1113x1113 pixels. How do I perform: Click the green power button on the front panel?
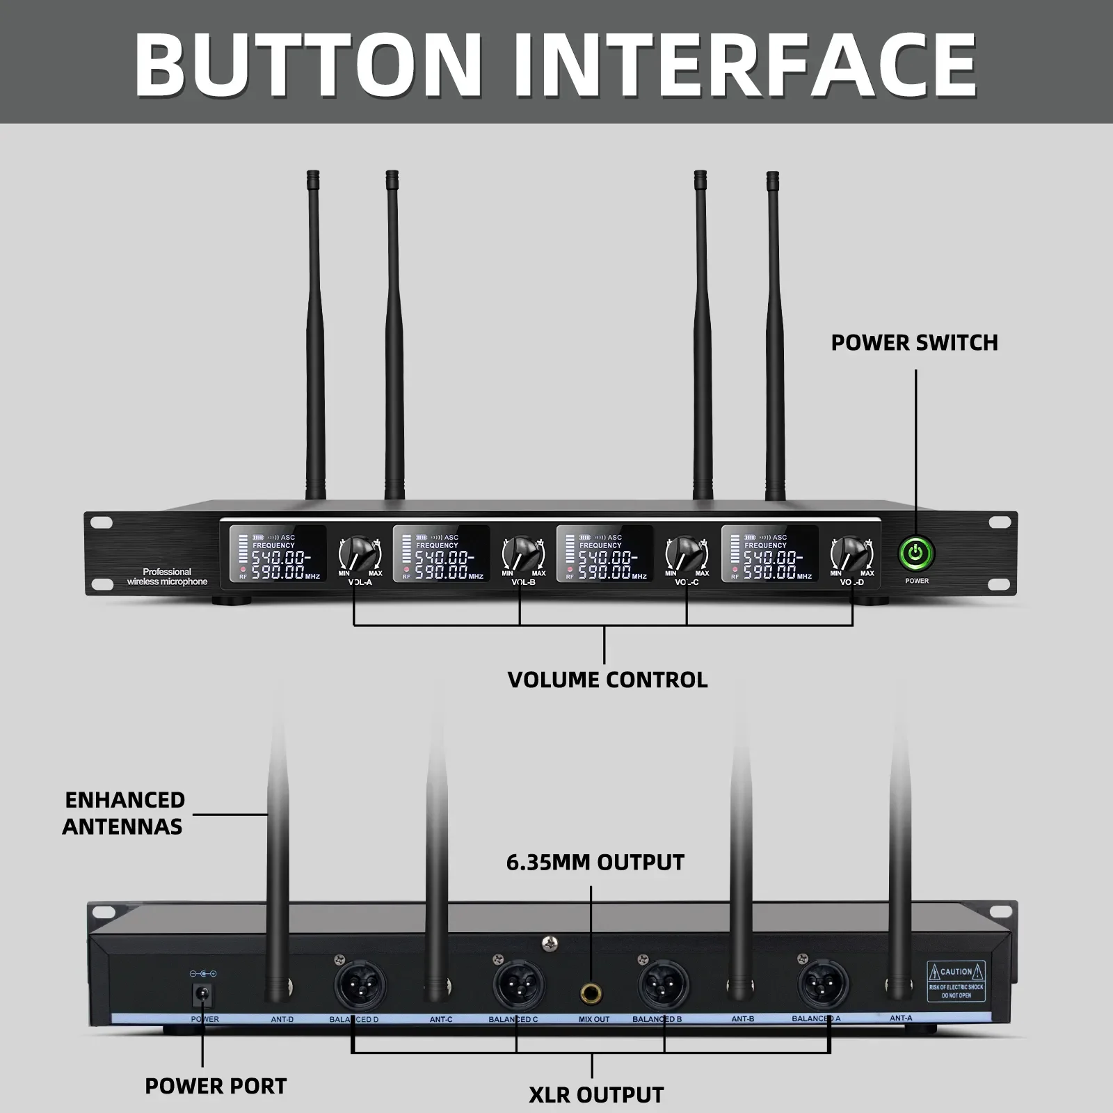pyautogui.click(x=915, y=554)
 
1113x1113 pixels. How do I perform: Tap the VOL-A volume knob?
pyautogui.click(x=360, y=554)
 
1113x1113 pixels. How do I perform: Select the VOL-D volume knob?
pyautogui.click(x=851, y=554)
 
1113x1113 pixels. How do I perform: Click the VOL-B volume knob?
pyautogui.click(x=522, y=554)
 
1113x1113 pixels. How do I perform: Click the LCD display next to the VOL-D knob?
pyautogui.click(x=769, y=554)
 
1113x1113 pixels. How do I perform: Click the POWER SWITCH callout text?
pyautogui.click(x=914, y=342)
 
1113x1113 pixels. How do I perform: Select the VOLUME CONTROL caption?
pyautogui.click(x=607, y=680)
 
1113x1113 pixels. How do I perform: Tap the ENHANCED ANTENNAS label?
pyautogui.click(x=124, y=812)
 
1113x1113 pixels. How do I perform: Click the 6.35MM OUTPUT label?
pyautogui.click(x=595, y=863)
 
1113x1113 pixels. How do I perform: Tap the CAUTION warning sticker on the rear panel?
pyautogui.click(x=956, y=981)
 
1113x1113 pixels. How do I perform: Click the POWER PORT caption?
pyautogui.click(x=216, y=1086)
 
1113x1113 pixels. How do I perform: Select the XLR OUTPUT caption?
pyautogui.click(x=596, y=1095)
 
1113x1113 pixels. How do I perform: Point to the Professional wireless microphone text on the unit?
pyautogui.click(x=167, y=577)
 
